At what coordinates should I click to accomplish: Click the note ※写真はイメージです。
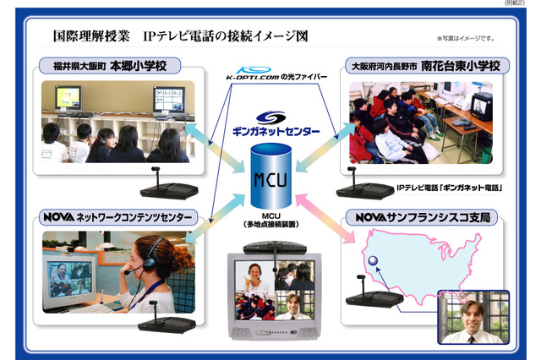pyautogui.click(x=466, y=39)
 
